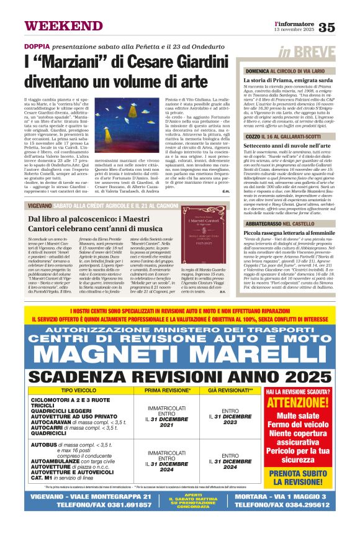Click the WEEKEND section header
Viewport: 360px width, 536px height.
click(x=56, y=25)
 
